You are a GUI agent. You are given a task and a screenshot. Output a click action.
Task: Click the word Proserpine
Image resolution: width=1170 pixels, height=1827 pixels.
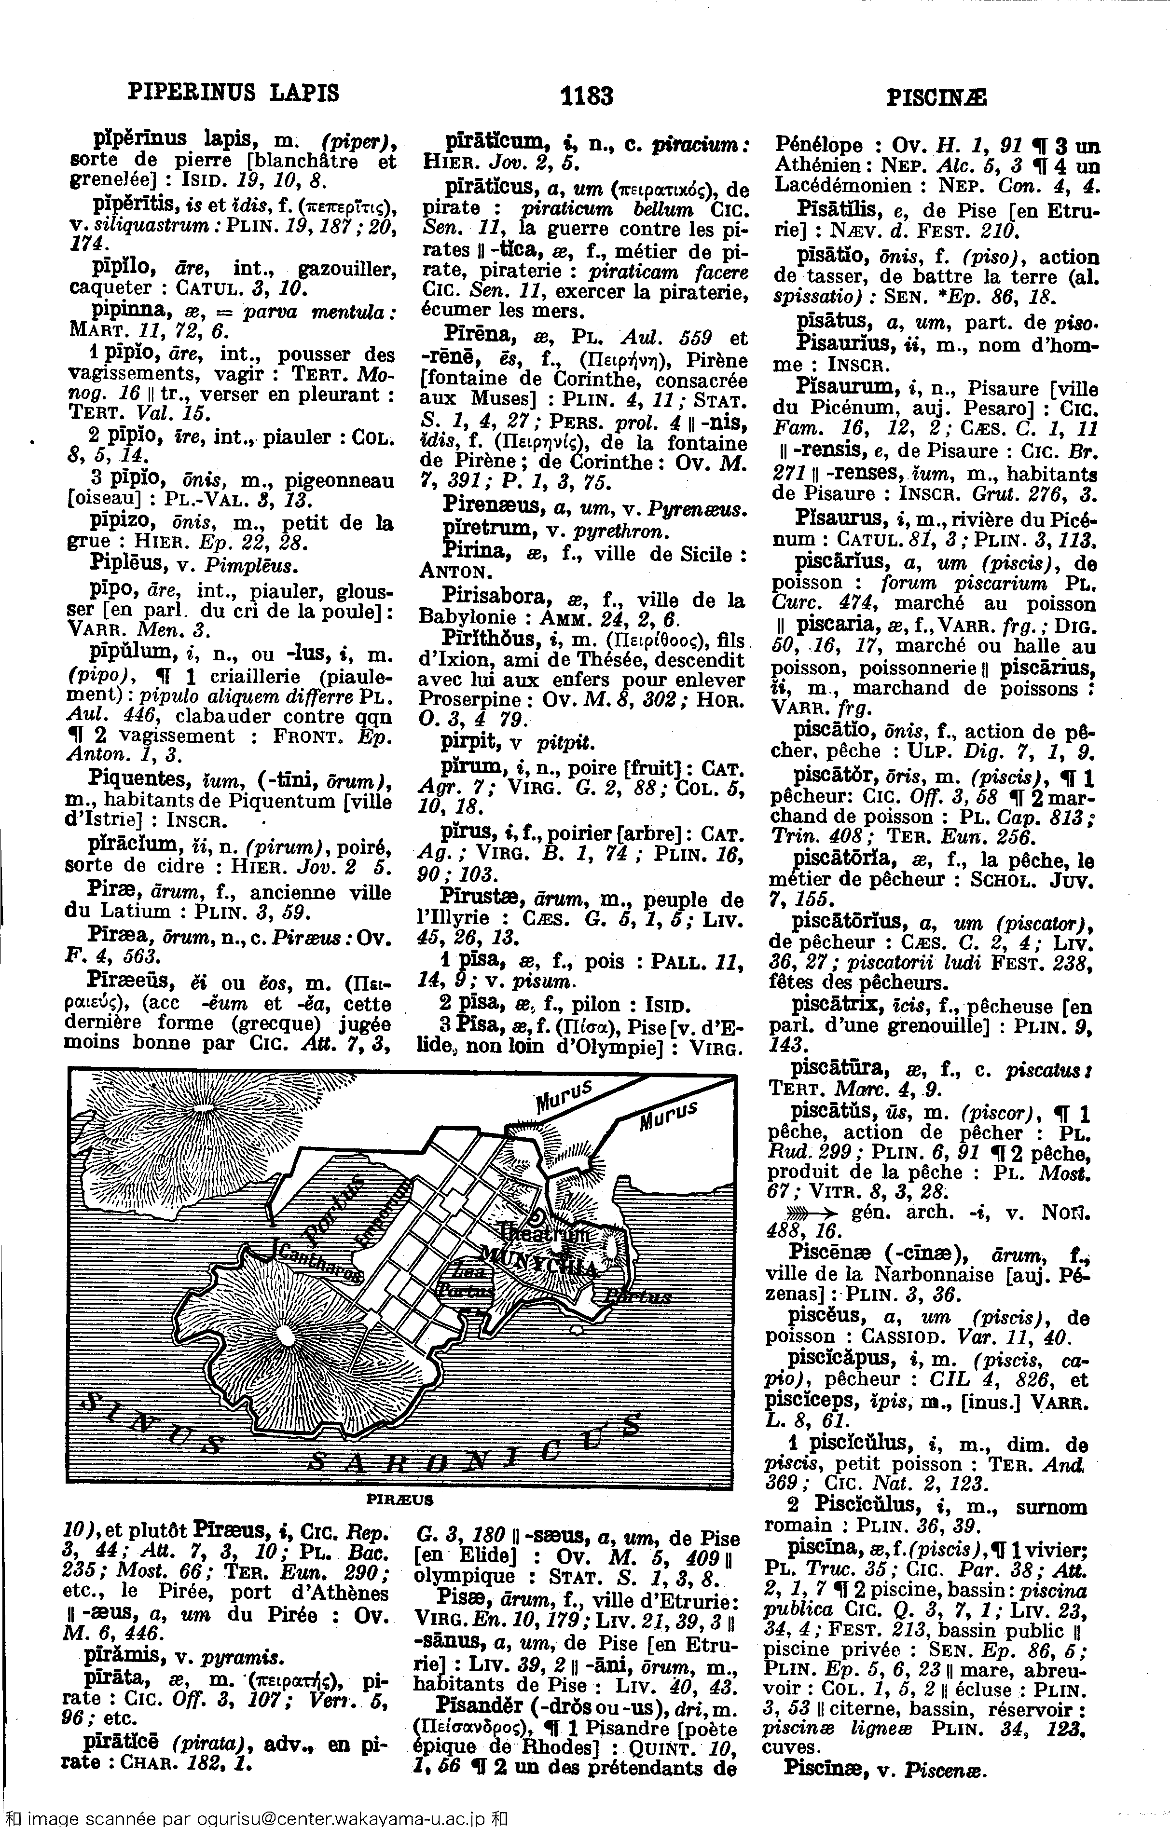461,698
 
